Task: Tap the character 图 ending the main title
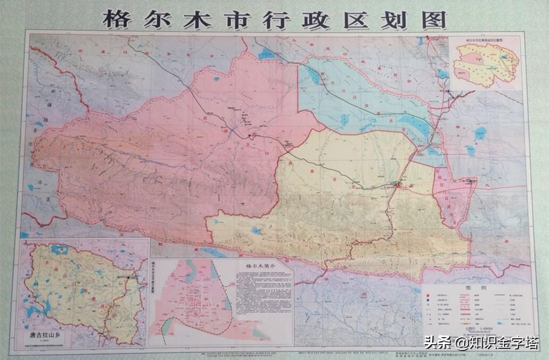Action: click(x=433, y=20)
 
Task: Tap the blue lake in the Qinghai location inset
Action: click(x=507, y=53)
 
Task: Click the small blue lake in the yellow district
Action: click(x=257, y=231)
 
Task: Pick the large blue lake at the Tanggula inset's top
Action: click(x=58, y=249)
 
